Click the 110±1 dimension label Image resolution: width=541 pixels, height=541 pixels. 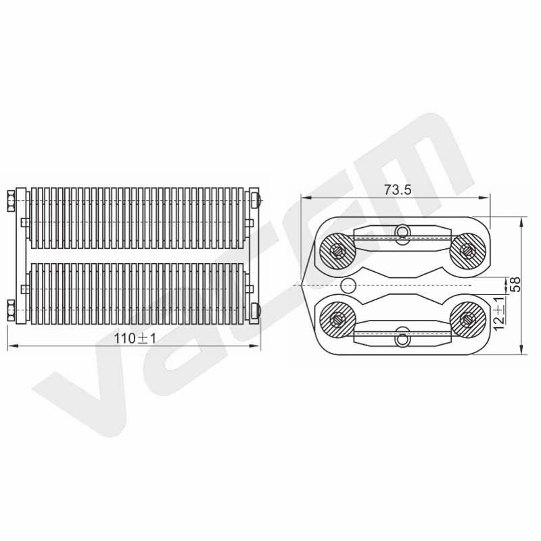135,339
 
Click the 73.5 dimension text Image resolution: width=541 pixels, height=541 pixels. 398,189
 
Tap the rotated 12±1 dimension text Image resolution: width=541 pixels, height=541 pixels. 499,313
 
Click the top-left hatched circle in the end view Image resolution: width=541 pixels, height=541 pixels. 337,250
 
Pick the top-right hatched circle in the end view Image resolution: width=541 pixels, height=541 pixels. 468,250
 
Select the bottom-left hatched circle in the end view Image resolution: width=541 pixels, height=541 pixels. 337,319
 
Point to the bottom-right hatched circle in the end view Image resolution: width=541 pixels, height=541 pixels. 468,319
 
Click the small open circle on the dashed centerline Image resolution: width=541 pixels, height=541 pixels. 348,285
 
